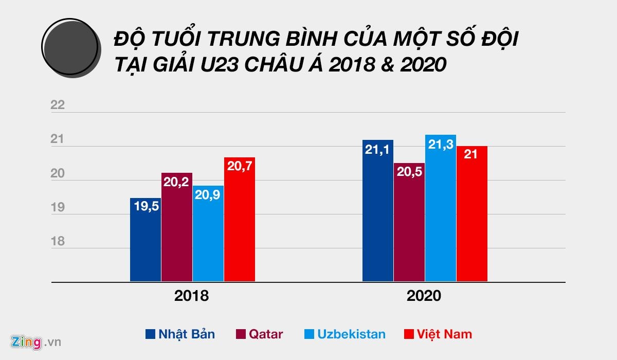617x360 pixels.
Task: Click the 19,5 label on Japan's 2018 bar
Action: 146,207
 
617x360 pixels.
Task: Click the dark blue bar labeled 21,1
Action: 378,211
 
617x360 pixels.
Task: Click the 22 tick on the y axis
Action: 58,105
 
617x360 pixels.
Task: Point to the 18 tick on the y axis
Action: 58,241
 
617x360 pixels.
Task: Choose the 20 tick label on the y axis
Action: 58,173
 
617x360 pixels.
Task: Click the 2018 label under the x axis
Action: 192,296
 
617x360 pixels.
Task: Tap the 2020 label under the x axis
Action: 424,296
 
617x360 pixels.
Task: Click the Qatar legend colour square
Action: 240,334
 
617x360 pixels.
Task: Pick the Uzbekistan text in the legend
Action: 351,334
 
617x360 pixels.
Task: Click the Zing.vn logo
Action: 35,341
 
